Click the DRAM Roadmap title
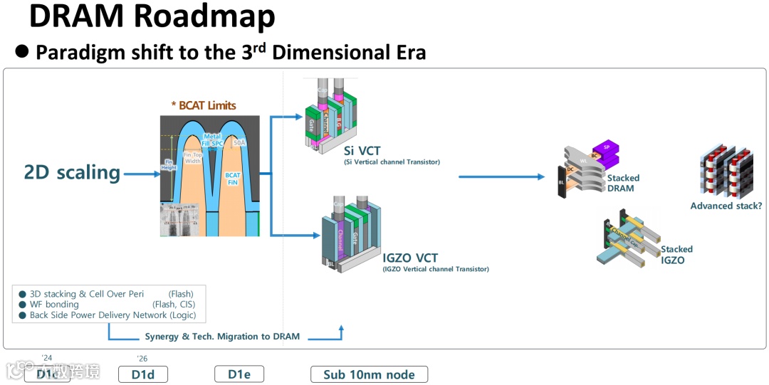(x=152, y=17)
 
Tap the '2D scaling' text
(x=72, y=172)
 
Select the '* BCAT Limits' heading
(x=204, y=105)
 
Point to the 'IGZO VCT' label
(x=410, y=258)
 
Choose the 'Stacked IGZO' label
(x=676, y=255)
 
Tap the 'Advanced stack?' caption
(x=726, y=206)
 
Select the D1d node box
(x=142, y=374)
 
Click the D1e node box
(x=239, y=374)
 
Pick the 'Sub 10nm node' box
(x=369, y=374)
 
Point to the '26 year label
(x=142, y=359)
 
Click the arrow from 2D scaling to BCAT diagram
(x=142, y=172)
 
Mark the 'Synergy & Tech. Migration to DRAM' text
(x=222, y=336)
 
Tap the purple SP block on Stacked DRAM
(x=606, y=149)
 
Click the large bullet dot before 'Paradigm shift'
(x=21, y=52)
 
